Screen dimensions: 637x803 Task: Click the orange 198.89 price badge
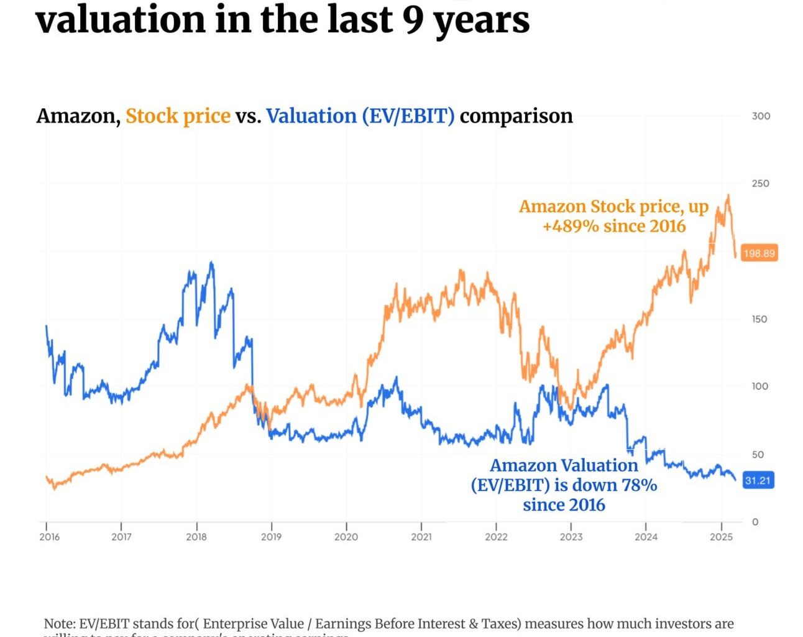click(759, 253)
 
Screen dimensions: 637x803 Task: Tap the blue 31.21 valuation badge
click(758, 480)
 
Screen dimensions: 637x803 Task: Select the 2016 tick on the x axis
click(49, 536)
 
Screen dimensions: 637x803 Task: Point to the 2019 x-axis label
click(271, 536)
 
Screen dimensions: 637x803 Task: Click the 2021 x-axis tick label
click(421, 536)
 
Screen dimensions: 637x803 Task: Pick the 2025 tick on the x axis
click(721, 536)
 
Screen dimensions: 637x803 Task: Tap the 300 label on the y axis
click(761, 116)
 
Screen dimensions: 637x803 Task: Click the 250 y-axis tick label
click(761, 184)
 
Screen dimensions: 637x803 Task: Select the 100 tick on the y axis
click(760, 386)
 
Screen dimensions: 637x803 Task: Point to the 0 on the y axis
click(755, 522)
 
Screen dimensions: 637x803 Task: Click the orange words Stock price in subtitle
click(178, 116)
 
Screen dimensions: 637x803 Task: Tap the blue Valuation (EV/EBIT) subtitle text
click(360, 116)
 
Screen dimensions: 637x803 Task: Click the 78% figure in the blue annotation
click(639, 485)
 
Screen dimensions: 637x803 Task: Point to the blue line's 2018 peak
click(211, 263)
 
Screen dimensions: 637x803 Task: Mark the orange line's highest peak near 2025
click(728, 195)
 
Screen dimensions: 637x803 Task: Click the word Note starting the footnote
click(60, 623)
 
